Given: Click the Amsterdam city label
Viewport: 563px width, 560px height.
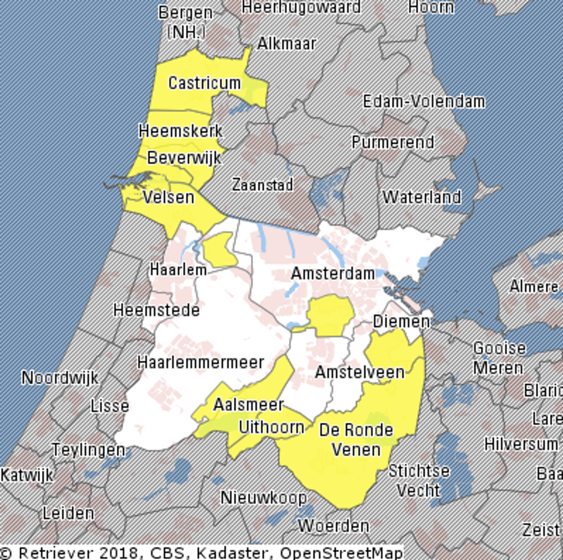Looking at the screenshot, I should pos(333,274).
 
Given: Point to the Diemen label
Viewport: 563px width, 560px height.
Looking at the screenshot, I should pos(401,322).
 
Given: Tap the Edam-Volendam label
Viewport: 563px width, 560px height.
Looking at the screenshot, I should pos(424,102).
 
